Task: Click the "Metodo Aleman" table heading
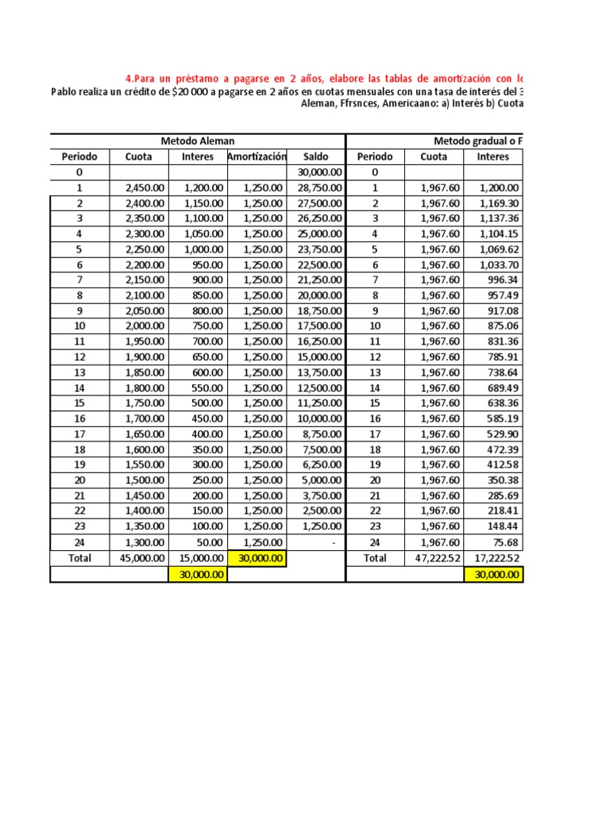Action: (x=198, y=141)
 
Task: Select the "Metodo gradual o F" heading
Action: (x=477, y=141)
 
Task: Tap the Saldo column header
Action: (x=315, y=156)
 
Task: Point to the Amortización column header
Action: (x=257, y=156)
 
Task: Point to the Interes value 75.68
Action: (x=504, y=542)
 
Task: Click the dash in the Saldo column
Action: (x=335, y=542)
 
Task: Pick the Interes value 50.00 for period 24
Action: (x=210, y=542)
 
